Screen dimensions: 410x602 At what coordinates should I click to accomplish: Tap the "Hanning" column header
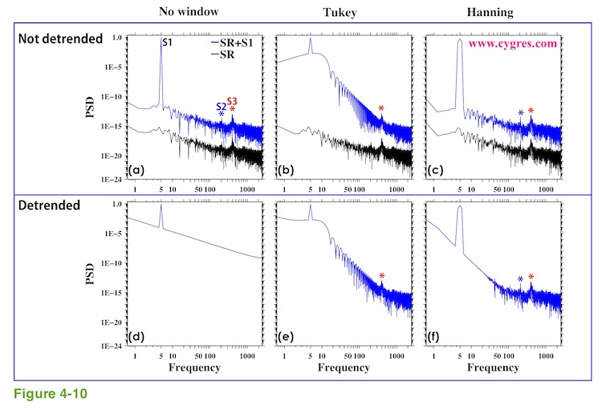click(490, 12)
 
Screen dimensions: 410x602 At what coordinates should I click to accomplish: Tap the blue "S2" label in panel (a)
click(221, 106)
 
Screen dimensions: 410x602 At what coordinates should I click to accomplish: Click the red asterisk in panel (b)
click(381, 109)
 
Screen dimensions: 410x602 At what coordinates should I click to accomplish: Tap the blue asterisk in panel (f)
click(520, 280)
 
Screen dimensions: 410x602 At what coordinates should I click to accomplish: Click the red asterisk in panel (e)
click(381, 277)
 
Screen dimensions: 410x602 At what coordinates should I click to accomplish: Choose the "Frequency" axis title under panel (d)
click(195, 367)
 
